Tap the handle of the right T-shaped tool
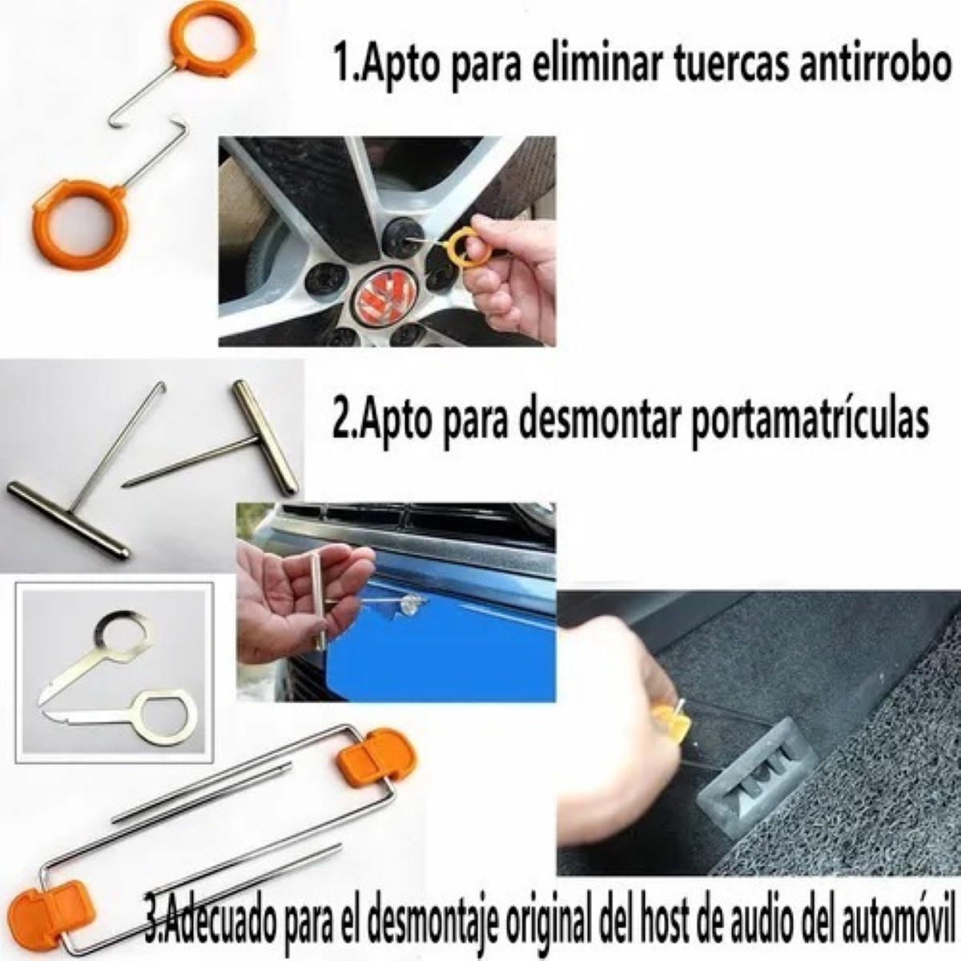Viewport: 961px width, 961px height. tap(264, 436)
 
